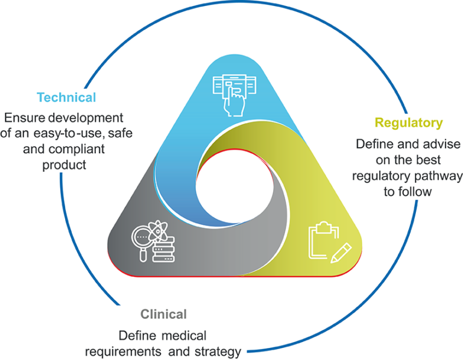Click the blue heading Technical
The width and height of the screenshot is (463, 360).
pyautogui.click(x=66, y=97)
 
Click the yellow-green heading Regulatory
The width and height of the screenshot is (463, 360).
pyautogui.click(x=409, y=123)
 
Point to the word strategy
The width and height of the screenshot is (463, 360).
pyautogui.click(x=219, y=351)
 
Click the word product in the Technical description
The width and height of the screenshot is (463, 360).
pyautogui.click(x=63, y=164)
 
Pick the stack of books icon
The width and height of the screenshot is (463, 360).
pyautogui.click(x=163, y=248)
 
